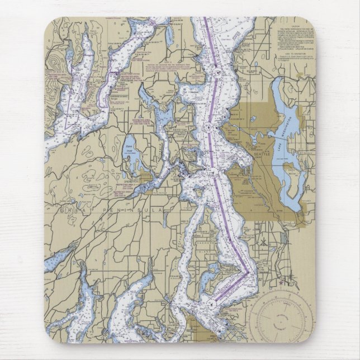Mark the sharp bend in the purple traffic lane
248,273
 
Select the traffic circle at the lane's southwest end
212,304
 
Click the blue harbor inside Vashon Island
212,277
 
